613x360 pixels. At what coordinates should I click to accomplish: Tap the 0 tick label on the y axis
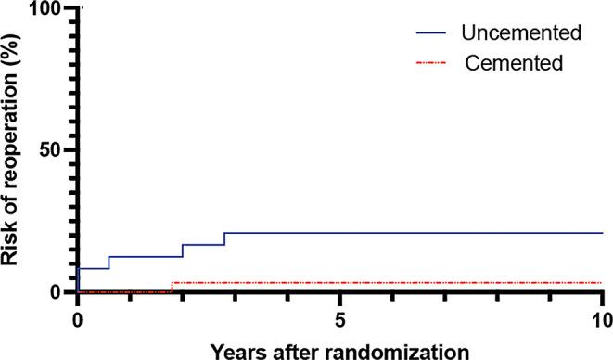point(54,292)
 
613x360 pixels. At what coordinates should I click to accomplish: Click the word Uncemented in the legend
point(521,33)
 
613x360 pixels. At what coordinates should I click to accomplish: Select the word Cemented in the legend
point(515,63)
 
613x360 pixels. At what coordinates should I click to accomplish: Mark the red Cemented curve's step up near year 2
point(172,287)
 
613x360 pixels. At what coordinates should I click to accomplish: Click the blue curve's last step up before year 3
point(224,238)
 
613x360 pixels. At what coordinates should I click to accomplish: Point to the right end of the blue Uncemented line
point(602,233)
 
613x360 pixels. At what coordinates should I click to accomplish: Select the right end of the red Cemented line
point(602,282)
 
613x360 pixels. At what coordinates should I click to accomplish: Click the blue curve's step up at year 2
point(183,251)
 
